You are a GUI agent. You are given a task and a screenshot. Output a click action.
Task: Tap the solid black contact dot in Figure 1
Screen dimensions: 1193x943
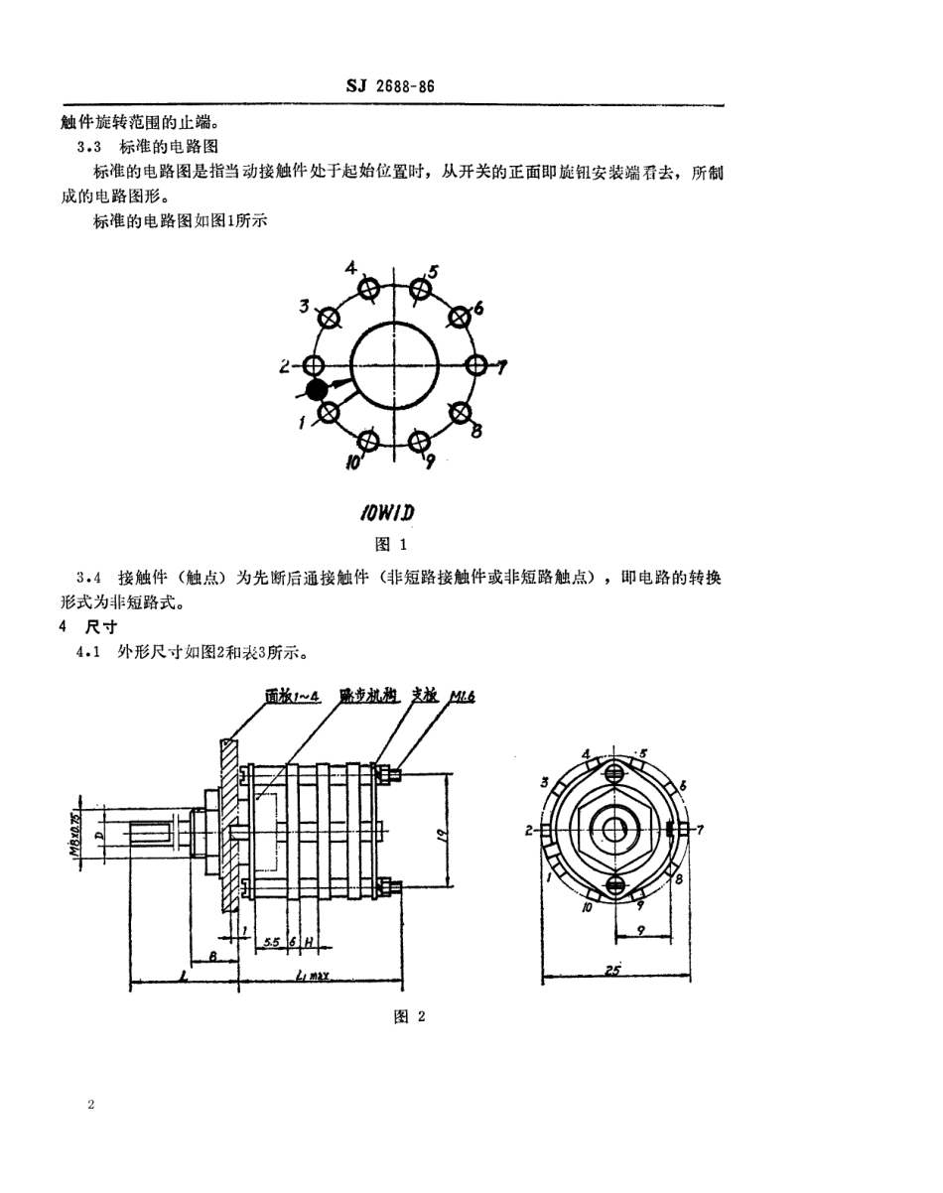click(317, 390)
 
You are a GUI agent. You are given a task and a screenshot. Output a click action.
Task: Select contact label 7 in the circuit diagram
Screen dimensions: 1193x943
click(502, 367)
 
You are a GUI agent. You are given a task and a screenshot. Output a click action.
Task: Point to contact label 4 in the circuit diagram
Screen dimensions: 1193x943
click(350, 267)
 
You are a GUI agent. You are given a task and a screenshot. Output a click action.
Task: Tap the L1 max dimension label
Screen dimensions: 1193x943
click(315, 976)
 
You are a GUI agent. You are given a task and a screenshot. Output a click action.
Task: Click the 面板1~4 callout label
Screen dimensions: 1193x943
click(293, 698)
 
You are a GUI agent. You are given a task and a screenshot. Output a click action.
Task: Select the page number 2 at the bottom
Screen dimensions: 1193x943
click(90, 1105)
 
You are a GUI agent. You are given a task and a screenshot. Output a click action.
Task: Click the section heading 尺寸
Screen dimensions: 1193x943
click(102, 628)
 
